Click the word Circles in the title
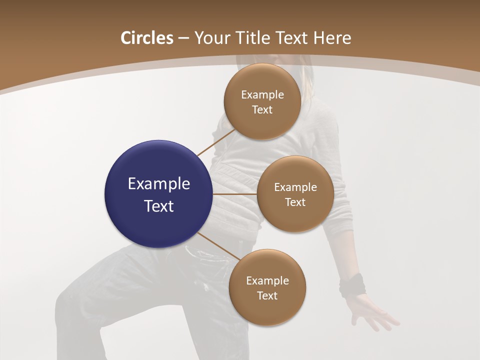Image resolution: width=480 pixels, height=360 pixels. tap(146, 38)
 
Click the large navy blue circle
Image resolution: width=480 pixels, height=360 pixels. tap(158, 193)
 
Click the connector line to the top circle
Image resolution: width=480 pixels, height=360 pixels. tap(216, 142)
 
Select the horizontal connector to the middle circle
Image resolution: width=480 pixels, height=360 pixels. tap(234, 193)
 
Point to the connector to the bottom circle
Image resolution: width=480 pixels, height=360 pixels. tap(218, 245)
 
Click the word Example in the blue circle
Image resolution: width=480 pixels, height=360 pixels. tap(159, 183)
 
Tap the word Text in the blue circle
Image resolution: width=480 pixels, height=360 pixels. tap(159, 205)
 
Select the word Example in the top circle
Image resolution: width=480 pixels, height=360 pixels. tap(262, 94)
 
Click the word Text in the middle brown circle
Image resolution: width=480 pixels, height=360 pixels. tap(295, 202)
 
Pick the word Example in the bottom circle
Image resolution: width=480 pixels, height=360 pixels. tap(267, 280)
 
